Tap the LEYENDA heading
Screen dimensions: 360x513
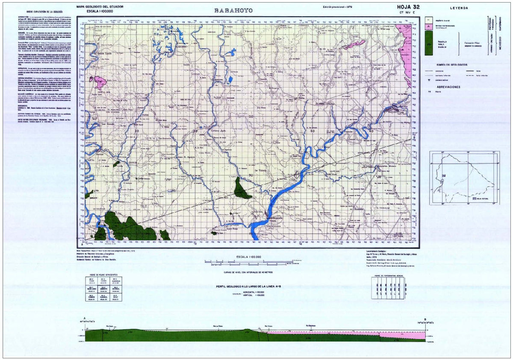click(x=459, y=8)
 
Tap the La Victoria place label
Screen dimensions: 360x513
click(x=260, y=170)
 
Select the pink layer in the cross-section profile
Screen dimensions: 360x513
click(x=342, y=333)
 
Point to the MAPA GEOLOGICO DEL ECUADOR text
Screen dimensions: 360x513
click(x=100, y=7)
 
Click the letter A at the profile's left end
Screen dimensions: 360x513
click(x=85, y=318)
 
